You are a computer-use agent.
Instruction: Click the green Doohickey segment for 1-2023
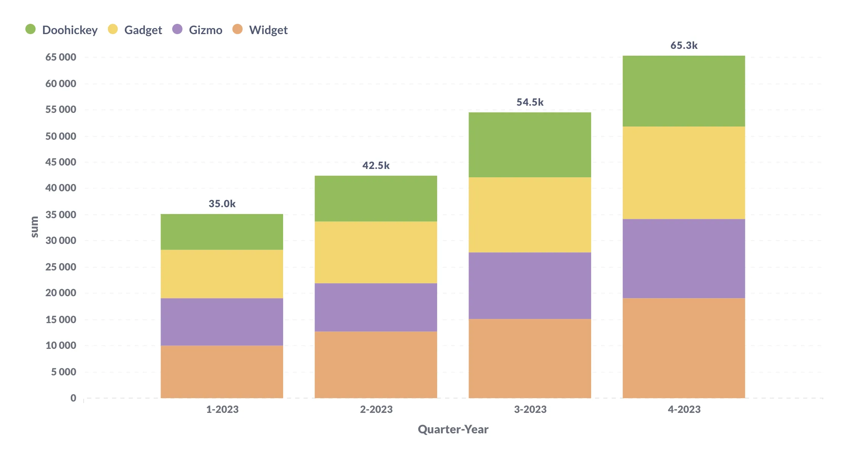pos(222,232)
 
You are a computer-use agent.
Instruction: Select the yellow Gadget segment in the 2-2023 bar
pos(376,252)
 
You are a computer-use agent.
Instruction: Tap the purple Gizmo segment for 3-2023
pos(530,286)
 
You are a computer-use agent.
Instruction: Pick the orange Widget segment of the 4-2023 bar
pos(684,348)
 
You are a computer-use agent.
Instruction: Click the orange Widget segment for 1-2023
pos(222,372)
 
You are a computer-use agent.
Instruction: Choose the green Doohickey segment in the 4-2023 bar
pos(684,91)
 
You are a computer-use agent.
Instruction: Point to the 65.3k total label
pos(684,45)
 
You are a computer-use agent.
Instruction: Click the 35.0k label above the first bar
pos(222,204)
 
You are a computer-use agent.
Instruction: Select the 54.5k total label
pos(530,102)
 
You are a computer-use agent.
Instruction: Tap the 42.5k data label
pos(376,166)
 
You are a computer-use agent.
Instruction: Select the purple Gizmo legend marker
pos(177,29)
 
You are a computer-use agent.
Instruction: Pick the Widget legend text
pos(268,30)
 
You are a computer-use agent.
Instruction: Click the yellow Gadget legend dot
pos(113,29)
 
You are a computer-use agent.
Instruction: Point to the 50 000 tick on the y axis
pos(61,136)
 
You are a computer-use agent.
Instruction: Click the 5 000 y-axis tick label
pos(64,372)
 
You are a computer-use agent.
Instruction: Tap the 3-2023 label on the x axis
pos(530,409)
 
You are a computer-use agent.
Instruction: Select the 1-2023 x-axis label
pos(222,409)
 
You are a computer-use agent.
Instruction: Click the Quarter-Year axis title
pos(453,429)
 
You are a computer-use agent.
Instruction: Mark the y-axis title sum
pos(34,227)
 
